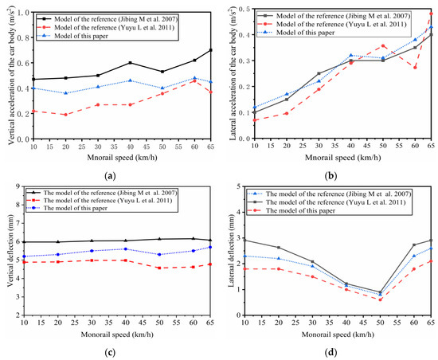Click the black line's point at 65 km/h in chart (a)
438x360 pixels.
[x=210, y=50]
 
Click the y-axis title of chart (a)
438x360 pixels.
[x=10, y=75]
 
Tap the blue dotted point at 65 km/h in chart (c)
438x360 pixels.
[x=210, y=247]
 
